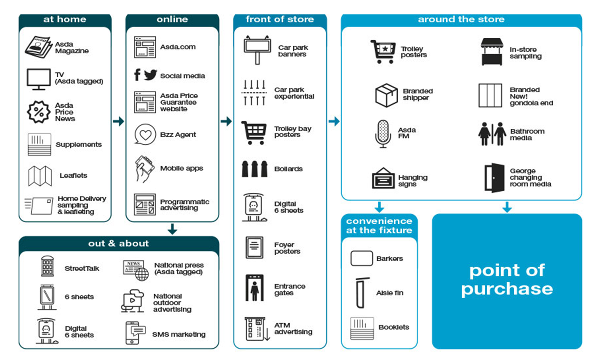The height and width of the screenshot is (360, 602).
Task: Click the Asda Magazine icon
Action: (38, 47)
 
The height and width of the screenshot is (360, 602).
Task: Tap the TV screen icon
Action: (39, 79)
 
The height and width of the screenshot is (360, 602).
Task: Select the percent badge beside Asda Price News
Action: (39, 112)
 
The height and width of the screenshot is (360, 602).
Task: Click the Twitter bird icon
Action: (150, 75)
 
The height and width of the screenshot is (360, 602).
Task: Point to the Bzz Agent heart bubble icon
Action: (145, 134)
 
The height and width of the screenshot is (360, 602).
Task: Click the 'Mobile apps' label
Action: (181, 168)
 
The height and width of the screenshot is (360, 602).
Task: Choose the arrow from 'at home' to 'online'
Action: (119, 121)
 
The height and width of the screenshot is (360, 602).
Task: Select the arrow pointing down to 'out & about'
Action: (172, 229)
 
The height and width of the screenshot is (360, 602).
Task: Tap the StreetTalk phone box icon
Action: (47, 266)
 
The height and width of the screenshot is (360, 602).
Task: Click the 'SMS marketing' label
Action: (178, 334)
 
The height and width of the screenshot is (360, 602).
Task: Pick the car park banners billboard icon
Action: (257, 49)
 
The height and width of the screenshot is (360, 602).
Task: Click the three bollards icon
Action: (254, 169)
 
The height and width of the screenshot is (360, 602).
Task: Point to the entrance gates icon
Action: (254, 288)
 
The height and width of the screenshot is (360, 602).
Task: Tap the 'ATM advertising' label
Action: (293, 329)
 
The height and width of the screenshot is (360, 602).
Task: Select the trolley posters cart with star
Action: (383, 51)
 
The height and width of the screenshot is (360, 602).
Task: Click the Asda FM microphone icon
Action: (383, 133)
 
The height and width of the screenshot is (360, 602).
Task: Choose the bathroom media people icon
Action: (492, 134)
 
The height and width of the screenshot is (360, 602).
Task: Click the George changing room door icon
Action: (494, 178)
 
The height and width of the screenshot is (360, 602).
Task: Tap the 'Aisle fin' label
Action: (390, 293)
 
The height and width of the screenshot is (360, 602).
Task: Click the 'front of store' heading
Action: (280, 19)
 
